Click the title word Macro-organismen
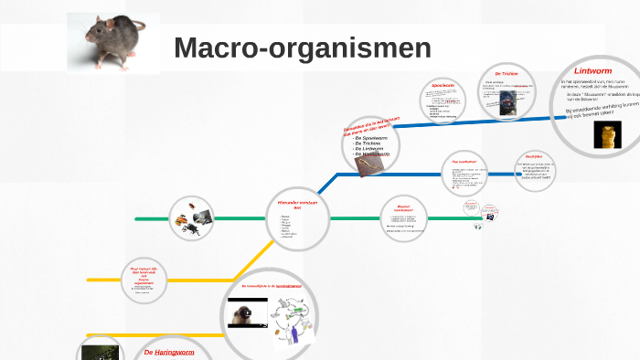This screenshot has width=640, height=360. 302,48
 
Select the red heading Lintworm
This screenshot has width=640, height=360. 592,70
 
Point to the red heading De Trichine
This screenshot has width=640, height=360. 507,74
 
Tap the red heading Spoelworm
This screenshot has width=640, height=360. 443,86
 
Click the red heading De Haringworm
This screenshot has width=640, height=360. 169,352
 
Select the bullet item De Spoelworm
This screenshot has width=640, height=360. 371,137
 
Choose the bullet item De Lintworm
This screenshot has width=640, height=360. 371,149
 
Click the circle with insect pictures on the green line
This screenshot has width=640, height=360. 192,219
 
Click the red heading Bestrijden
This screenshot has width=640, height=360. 534,157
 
